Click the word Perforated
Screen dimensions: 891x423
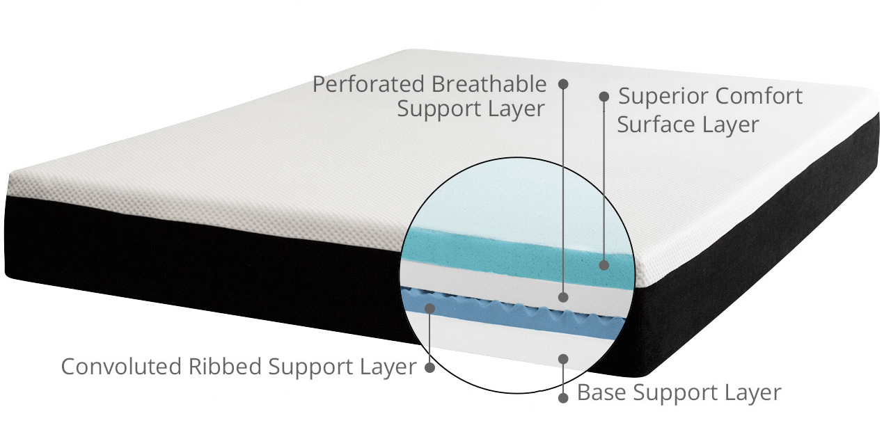(369, 85)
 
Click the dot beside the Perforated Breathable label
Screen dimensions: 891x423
(563, 83)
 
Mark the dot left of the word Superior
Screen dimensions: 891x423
(604, 97)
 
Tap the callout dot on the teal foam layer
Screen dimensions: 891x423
(604, 265)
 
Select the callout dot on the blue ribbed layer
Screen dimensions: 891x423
(429, 307)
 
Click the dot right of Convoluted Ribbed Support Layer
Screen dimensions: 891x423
(429, 367)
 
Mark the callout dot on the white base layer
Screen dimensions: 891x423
(563, 359)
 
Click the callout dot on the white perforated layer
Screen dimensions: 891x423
(563, 297)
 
